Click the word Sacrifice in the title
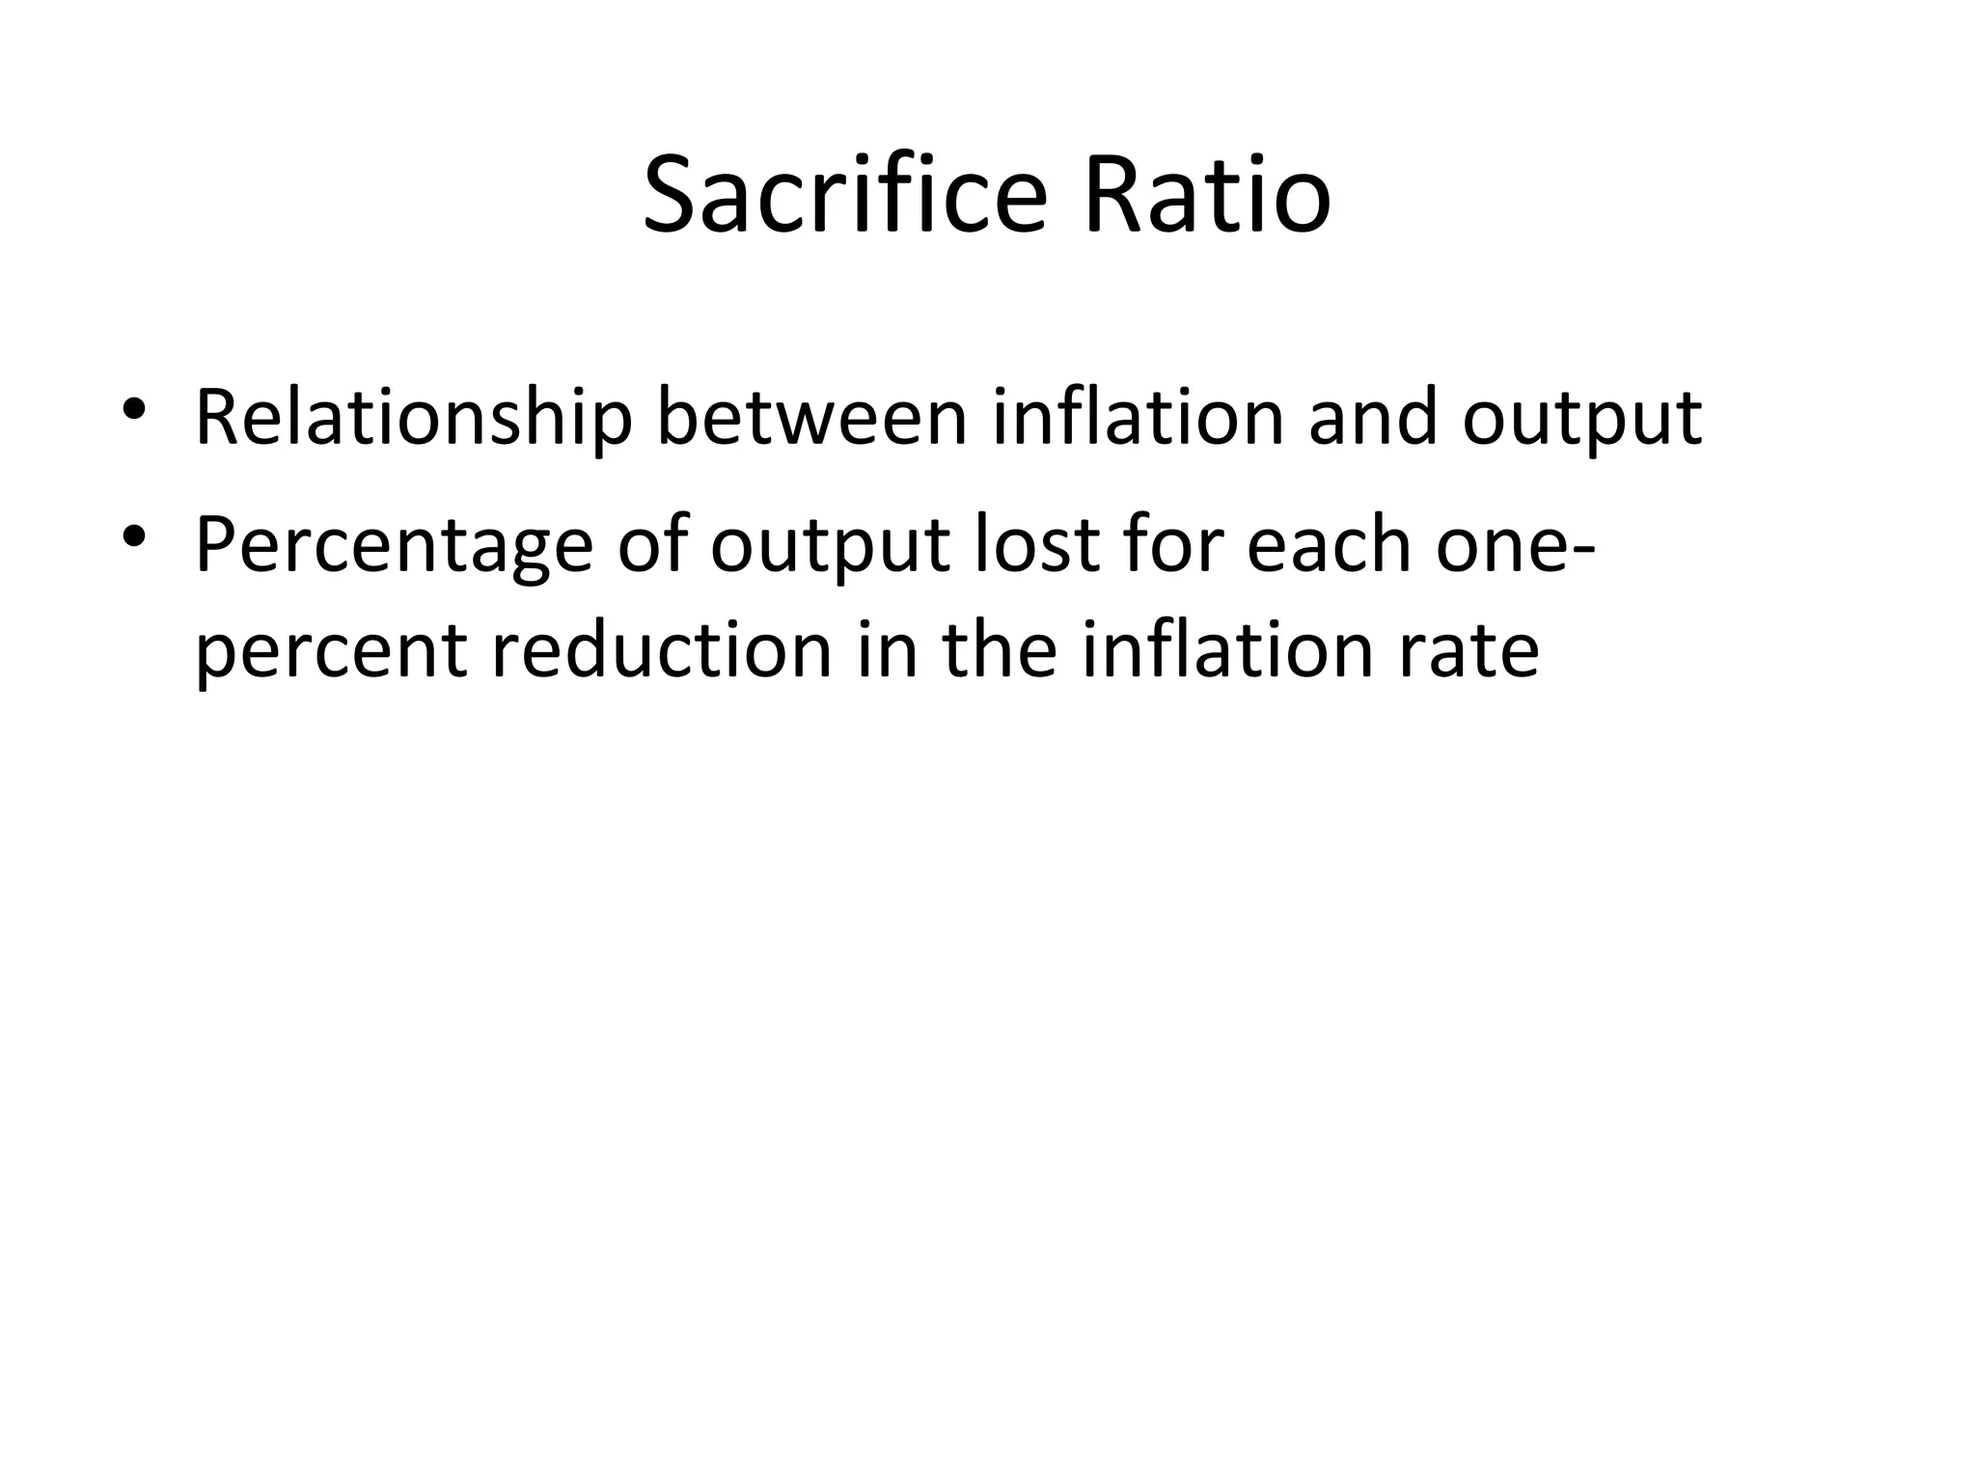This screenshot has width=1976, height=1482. (844, 197)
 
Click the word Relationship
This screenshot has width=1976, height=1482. (414, 418)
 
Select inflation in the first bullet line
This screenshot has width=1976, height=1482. (1138, 418)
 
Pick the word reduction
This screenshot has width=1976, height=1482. (661, 649)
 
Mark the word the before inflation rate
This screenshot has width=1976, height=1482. (1000, 649)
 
